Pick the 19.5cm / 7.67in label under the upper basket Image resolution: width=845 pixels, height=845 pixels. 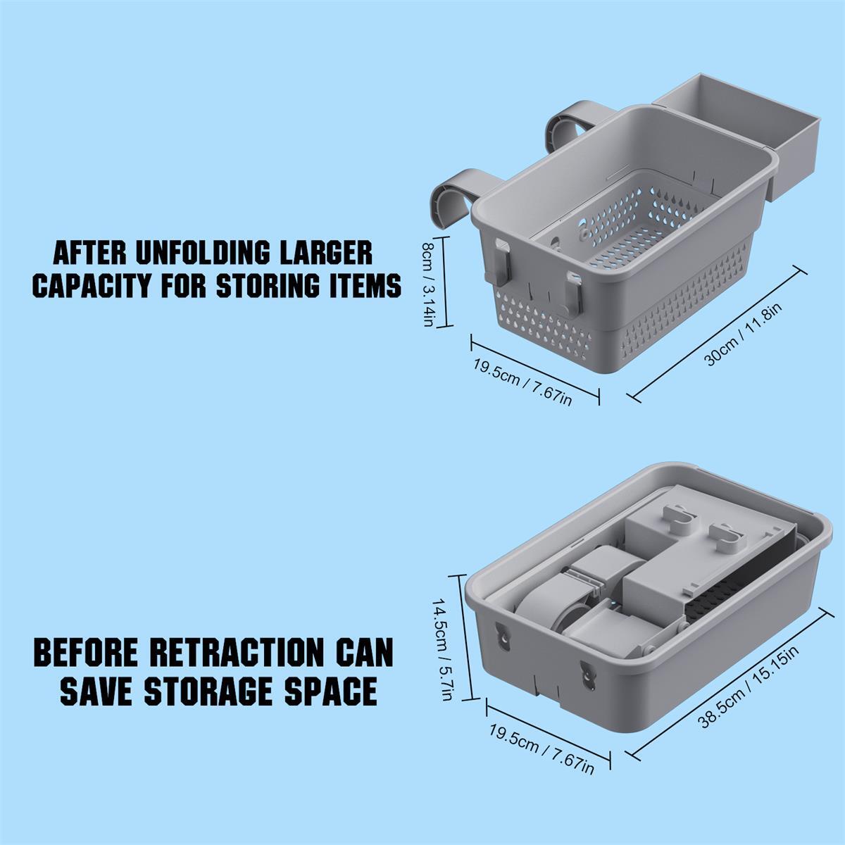pos(522,382)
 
